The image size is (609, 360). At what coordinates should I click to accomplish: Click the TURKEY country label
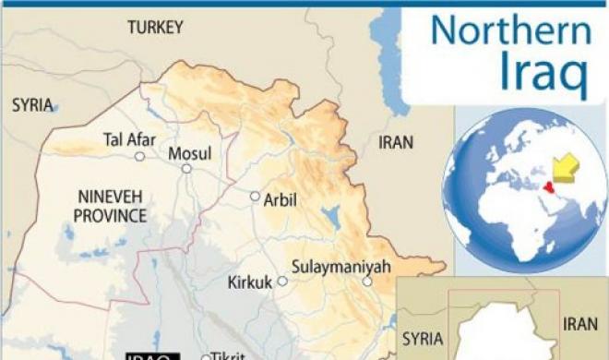[157, 29]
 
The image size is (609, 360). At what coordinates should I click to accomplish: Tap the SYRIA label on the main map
[32, 105]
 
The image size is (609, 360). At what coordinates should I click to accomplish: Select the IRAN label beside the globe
[396, 142]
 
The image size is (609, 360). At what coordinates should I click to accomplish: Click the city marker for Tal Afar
[139, 157]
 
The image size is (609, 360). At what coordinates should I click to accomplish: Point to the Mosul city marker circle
[186, 169]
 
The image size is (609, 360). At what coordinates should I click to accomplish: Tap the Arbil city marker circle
[255, 197]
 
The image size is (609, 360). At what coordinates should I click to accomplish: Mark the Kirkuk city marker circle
[282, 281]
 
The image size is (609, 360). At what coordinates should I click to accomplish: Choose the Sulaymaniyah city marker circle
[366, 282]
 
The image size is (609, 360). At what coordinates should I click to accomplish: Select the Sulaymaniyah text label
[340, 267]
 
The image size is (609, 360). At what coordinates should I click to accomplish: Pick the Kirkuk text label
[250, 282]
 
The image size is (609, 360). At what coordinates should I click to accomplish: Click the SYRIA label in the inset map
[423, 339]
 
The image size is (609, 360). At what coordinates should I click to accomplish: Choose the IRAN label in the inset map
[582, 324]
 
